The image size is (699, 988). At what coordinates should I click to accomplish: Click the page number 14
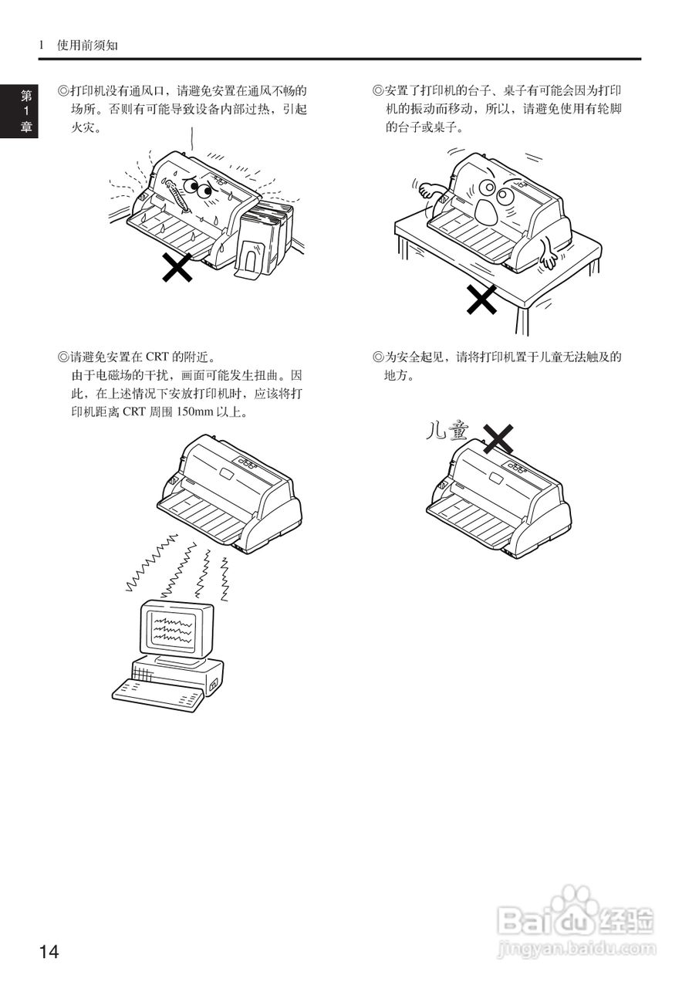point(49,952)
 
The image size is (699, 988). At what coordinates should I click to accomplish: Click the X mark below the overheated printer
point(177,267)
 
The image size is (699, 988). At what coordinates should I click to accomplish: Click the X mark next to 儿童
point(498,438)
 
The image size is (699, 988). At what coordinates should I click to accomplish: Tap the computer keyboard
point(158,694)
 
